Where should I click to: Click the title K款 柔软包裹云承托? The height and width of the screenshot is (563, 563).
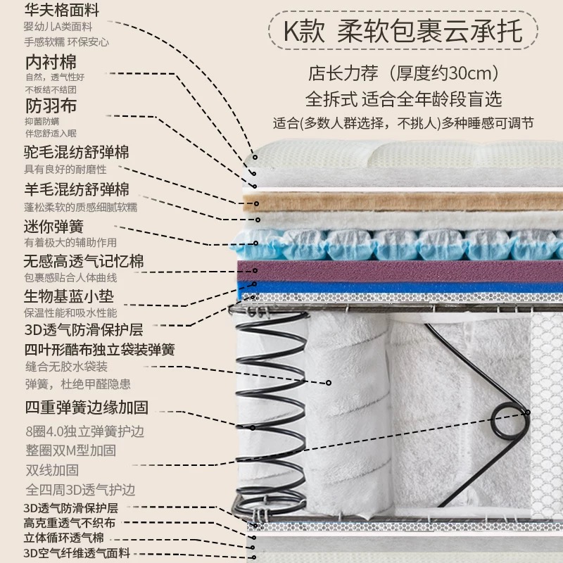pyautogui.click(x=403, y=31)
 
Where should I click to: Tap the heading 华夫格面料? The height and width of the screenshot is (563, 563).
pyautogui.click(x=61, y=10)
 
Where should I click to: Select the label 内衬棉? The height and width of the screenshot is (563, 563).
pyautogui.click(x=51, y=62)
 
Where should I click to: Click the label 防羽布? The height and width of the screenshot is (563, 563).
pyautogui.click(x=51, y=106)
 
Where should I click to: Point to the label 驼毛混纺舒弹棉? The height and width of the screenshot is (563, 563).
pyautogui.click(x=76, y=152)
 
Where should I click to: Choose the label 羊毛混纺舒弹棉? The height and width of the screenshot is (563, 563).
pyautogui.click(x=77, y=189)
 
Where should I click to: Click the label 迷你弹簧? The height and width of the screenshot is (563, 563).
pyautogui.click(x=53, y=227)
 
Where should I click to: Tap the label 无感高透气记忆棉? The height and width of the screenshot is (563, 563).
pyautogui.click(x=84, y=261)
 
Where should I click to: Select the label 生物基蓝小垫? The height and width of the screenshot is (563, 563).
pyautogui.click(x=68, y=296)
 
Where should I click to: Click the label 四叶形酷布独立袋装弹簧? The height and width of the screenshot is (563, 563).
pyautogui.click(x=99, y=350)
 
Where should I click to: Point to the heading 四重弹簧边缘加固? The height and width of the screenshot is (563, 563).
pyautogui.click(x=87, y=407)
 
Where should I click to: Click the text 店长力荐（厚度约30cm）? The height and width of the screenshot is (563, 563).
pyautogui.click(x=403, y=73)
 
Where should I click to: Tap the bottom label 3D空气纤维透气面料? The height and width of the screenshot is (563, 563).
pyautogui.click(x=77, y=553)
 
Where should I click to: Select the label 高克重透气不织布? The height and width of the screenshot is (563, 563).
pyautogui.click(x=70, y=523)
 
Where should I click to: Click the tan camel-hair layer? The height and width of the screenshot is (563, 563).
pyautogui.click(x=403, y=203)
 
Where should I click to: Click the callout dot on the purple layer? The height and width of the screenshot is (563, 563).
pyautogui.click(x=255, y=270)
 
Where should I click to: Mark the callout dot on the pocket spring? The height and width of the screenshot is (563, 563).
pyautogui.click(x=328, y=383)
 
